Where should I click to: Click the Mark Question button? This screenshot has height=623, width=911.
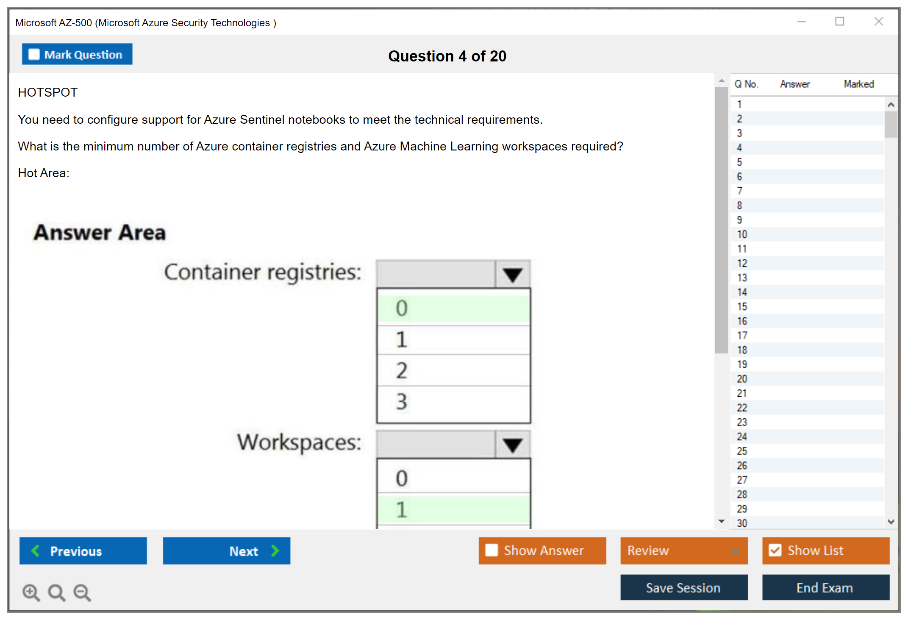77,54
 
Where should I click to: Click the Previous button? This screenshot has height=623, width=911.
83,551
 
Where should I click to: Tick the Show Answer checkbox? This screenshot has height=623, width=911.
492,550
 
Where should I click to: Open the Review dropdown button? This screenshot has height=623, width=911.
684,551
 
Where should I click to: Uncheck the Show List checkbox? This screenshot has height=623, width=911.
775,550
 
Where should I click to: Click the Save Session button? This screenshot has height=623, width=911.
684,587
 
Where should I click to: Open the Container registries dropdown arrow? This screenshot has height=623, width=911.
512,274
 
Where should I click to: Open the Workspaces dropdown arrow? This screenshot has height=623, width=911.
512,445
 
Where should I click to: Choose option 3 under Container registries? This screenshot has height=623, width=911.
453,402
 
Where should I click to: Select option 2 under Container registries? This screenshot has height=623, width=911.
453,370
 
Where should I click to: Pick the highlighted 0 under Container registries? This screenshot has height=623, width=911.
453,308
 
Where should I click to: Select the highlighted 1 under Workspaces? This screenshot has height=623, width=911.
453,509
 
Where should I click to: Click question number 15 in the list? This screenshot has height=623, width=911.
742,306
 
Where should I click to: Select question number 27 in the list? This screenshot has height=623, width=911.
742,480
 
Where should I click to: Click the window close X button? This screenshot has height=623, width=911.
878,21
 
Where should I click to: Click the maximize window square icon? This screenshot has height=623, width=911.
839,21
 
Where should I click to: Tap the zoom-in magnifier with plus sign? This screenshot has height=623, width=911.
31,592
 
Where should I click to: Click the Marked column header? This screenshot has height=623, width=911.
859,84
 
